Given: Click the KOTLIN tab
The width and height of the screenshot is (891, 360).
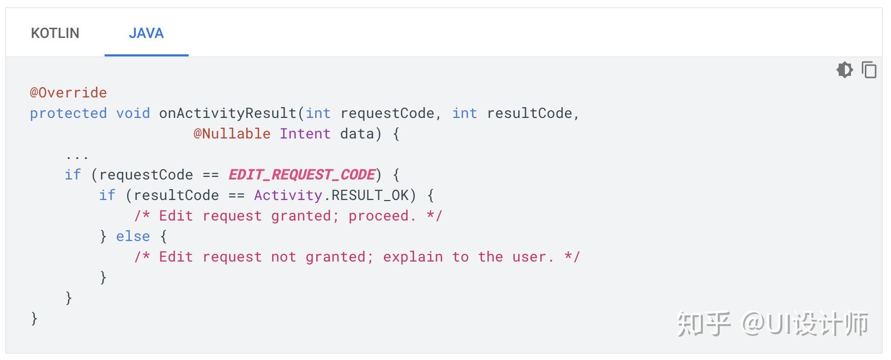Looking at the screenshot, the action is click(x=55, y=33).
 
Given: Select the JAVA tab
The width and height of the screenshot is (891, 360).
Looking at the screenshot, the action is click(x=146, y=33).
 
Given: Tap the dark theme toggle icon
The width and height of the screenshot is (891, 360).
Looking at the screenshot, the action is click(x=844, y=69).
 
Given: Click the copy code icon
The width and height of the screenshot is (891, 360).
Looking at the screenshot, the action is click(x=869, y=69).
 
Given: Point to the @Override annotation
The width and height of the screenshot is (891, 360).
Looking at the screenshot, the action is click(x=68, y=93).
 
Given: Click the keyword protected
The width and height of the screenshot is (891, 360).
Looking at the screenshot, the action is click(x=68, y=113).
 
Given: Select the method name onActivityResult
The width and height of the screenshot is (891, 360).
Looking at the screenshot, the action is click(x=228, y=113).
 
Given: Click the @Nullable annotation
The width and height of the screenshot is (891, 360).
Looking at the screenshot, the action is click(x=232, y=134).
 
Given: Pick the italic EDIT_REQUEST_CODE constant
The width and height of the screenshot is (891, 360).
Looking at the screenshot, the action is click(x=301, y=175).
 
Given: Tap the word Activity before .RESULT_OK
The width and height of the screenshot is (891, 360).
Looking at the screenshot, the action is click(x=288, y=195).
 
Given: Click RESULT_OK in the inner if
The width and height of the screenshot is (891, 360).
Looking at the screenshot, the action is click(x=370, y=195).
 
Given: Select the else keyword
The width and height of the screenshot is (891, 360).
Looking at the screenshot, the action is click(x=133, y=236).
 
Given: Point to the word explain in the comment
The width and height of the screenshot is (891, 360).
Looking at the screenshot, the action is click(x=413, y=257).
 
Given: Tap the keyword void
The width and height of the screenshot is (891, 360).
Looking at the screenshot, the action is click(x=133, y=113).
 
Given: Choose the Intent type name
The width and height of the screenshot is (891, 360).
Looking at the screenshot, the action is click(x=305, y=134).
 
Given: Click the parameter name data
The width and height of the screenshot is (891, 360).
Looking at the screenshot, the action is click(x=357, y=134).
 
